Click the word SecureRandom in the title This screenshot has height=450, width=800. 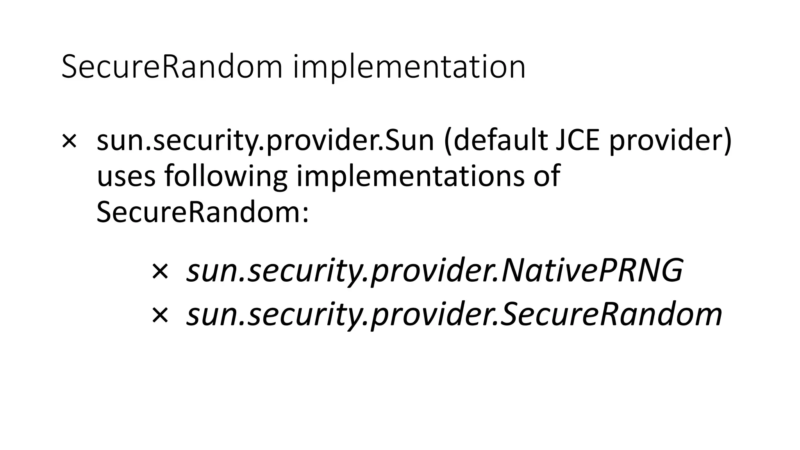[172, 67]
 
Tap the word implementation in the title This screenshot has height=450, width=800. [409, 67]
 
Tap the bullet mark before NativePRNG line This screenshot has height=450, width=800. [160, 271]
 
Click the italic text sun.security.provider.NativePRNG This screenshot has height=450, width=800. [434, 271]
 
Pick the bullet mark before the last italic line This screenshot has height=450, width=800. [160, 314]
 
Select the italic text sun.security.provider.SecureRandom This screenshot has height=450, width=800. [454, 314]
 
